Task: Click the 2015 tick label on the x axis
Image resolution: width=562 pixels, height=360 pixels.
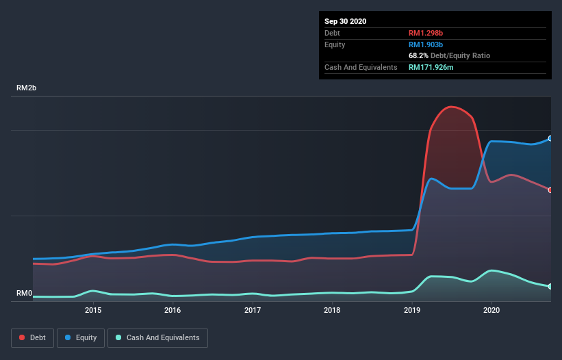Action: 93,310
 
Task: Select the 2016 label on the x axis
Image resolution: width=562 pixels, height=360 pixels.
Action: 173,310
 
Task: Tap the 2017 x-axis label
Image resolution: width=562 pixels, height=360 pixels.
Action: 253,310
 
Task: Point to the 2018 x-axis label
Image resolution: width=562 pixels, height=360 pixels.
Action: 332,310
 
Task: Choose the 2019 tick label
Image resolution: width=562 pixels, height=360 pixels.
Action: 412,310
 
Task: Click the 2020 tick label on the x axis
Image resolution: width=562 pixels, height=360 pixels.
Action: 491,310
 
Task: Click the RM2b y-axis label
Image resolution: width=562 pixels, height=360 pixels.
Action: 27,88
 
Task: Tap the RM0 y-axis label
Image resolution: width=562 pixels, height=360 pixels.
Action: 25,293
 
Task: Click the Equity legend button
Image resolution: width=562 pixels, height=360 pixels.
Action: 81,337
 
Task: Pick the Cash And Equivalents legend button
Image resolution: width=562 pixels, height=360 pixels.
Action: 157,337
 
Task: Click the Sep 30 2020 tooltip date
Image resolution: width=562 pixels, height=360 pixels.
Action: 346,21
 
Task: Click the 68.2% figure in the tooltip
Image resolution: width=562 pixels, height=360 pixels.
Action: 419,55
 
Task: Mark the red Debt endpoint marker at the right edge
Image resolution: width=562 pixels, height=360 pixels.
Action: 550,190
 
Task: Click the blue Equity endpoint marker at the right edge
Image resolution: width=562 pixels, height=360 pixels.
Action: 550,138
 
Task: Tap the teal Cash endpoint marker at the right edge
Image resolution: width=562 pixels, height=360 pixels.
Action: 550,286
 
